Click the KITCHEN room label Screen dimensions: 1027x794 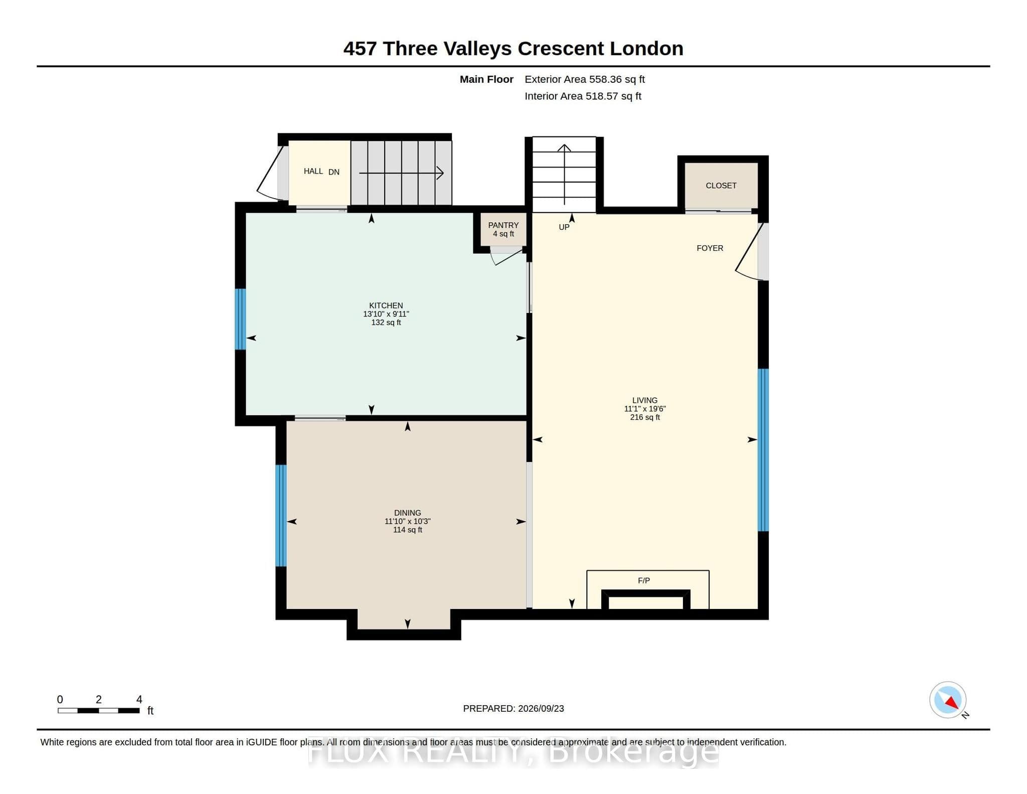click(x=386, y=305)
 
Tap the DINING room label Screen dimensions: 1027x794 click(x=407, y=513)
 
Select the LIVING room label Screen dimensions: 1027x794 click(x=644, y=400)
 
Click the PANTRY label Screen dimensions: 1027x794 click(x=503, y=225)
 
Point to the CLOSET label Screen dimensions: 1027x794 click(x=721, y=186)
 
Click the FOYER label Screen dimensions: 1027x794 click(x=710, y=248)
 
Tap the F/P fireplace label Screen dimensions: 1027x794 click(x=644, y=580)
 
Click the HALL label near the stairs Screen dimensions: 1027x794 click(x=313, y=171)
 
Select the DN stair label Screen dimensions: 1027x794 click(x=334, y=172)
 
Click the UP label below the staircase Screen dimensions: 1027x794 click(x=564, y=227)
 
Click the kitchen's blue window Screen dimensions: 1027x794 click(x=241, y=319)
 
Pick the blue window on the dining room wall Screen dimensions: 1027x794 click(x=281, y=516)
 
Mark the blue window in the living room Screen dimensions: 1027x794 click(x=763, y=450)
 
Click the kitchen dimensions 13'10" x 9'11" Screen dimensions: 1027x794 click(x=386, y=314)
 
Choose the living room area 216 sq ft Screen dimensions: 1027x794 click(x=645, y=417)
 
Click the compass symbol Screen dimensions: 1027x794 click(x=948, y=700)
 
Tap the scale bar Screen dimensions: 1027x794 click(x=99, y=710)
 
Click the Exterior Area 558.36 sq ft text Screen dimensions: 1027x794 click(x=585, y=79)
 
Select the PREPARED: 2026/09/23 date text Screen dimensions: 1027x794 click(x=513, y=709)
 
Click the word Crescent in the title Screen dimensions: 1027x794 click(x=561, y=49)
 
